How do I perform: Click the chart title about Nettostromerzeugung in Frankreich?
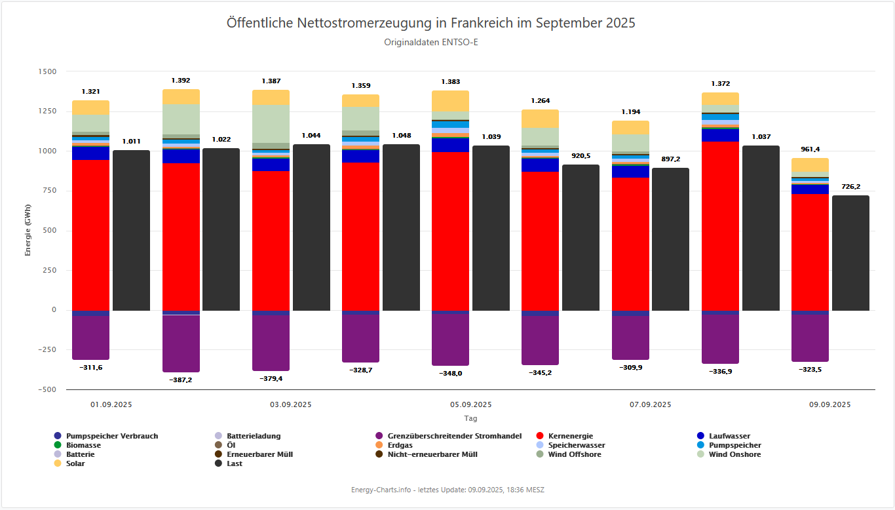tap(431, 23)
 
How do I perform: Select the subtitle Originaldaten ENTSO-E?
tap(431, 43)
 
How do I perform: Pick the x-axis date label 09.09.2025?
tap(829, 405)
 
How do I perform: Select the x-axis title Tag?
tap(470, 418)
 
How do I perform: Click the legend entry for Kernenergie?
tap(570, 436)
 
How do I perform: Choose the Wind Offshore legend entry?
tap(574, 454)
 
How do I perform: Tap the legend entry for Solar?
tap(75, 463)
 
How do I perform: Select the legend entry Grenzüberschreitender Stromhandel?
tap(454, 436)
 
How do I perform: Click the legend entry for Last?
tap(234, 463)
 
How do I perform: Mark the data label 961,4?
tap(810, 149)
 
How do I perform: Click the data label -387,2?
tap(181, 380)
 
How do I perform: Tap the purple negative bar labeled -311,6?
tap(90, 338)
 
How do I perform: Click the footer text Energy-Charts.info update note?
tap(447, 490)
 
